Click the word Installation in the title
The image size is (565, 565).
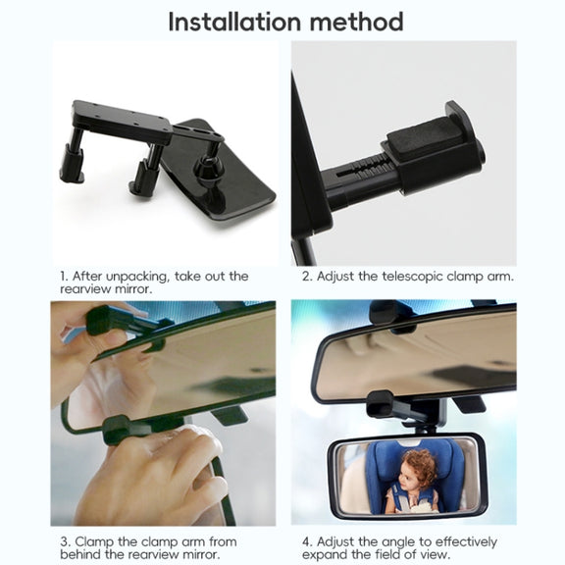234,22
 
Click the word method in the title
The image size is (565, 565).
357,22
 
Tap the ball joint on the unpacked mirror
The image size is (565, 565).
206,167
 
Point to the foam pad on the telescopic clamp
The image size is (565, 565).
425,134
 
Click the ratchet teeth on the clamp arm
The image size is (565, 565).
375,169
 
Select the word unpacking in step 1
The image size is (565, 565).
135,277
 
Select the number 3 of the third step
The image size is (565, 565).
65,541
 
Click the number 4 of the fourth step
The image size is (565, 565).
307,541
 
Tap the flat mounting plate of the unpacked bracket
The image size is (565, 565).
123,121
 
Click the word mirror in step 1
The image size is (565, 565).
131,289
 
